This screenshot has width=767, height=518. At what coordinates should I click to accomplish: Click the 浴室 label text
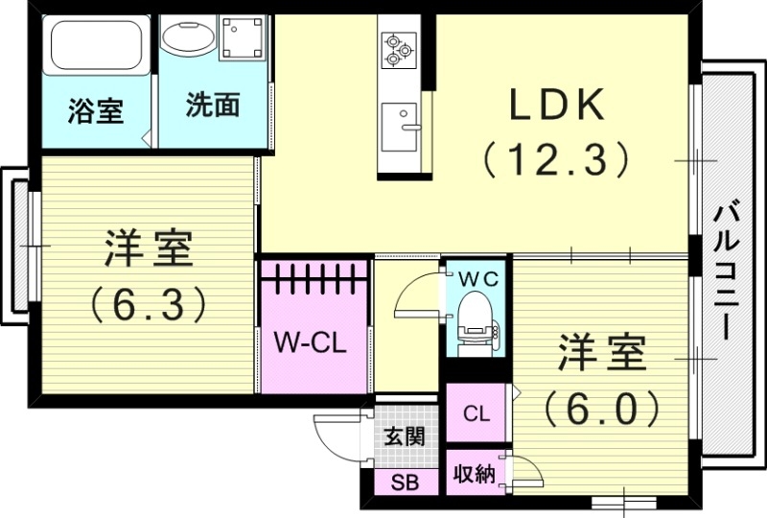95,110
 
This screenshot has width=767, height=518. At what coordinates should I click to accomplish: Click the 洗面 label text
213,106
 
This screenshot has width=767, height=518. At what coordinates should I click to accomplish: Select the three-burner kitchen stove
396,50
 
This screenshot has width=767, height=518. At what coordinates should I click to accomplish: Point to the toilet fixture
475,321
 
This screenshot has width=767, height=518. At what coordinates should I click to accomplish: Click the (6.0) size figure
602,408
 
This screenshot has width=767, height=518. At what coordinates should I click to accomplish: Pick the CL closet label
476,414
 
